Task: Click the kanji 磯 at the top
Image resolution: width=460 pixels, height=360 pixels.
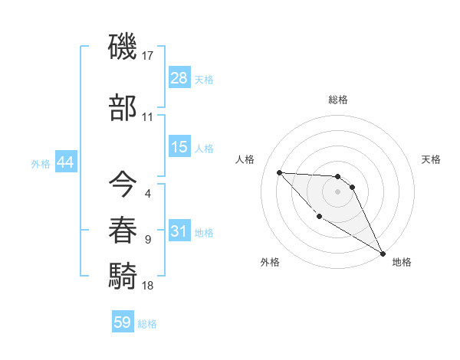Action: click(x=123, y=48)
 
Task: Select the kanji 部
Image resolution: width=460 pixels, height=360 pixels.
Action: click(x=123, y=108)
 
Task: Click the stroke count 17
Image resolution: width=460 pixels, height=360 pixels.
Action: click(x=149, y=56)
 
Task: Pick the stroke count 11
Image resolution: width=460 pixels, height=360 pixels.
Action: click(x=148, y=117)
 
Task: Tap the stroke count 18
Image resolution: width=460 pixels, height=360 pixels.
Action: click(x=149, y=286)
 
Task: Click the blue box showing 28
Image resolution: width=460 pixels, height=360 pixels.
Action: click(x=179, y=77)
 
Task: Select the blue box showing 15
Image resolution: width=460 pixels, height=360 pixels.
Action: click(x=179, y=147)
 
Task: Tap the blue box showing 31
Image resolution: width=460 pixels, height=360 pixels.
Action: click(x=179, y=231)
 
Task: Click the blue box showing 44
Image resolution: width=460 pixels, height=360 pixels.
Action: click(x=65, y=162)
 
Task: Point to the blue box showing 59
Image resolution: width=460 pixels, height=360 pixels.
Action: click(x=123, y=322)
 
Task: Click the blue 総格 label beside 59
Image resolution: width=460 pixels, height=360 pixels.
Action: click(x=147, y=324)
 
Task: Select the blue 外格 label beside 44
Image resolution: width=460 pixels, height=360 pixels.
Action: click(x=41, y=164)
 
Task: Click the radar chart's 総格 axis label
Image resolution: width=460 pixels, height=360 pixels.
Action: click(x=338, y=100)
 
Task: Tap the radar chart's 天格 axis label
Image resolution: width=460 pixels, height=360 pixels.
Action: click(x=432, y=159)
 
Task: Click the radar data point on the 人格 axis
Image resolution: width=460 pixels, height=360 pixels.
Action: click(x=280, y=172)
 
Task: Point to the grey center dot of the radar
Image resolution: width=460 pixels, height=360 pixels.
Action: click(x=338, y=191)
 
